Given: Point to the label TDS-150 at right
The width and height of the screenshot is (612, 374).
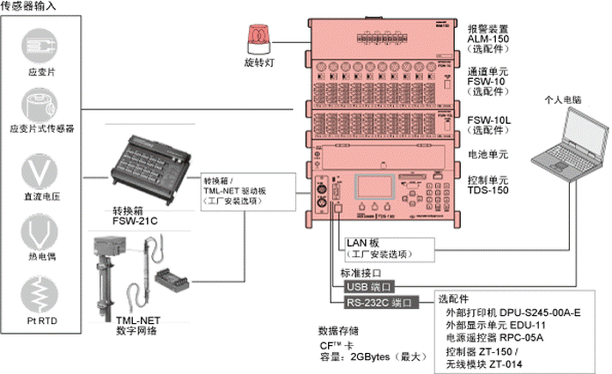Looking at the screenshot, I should (x=487, y=190).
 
